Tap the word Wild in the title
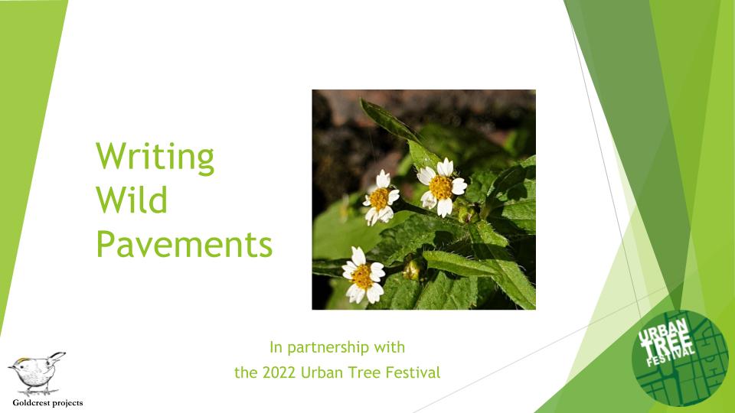[x=132, y=201]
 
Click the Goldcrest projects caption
[x=47, y=402]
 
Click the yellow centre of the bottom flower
[x=362, y=275]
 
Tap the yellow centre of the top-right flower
[x=440, y=187]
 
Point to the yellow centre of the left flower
[x=378, y=199]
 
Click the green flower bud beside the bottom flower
[x=413, y=269]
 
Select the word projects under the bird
[x=66, y=402]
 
